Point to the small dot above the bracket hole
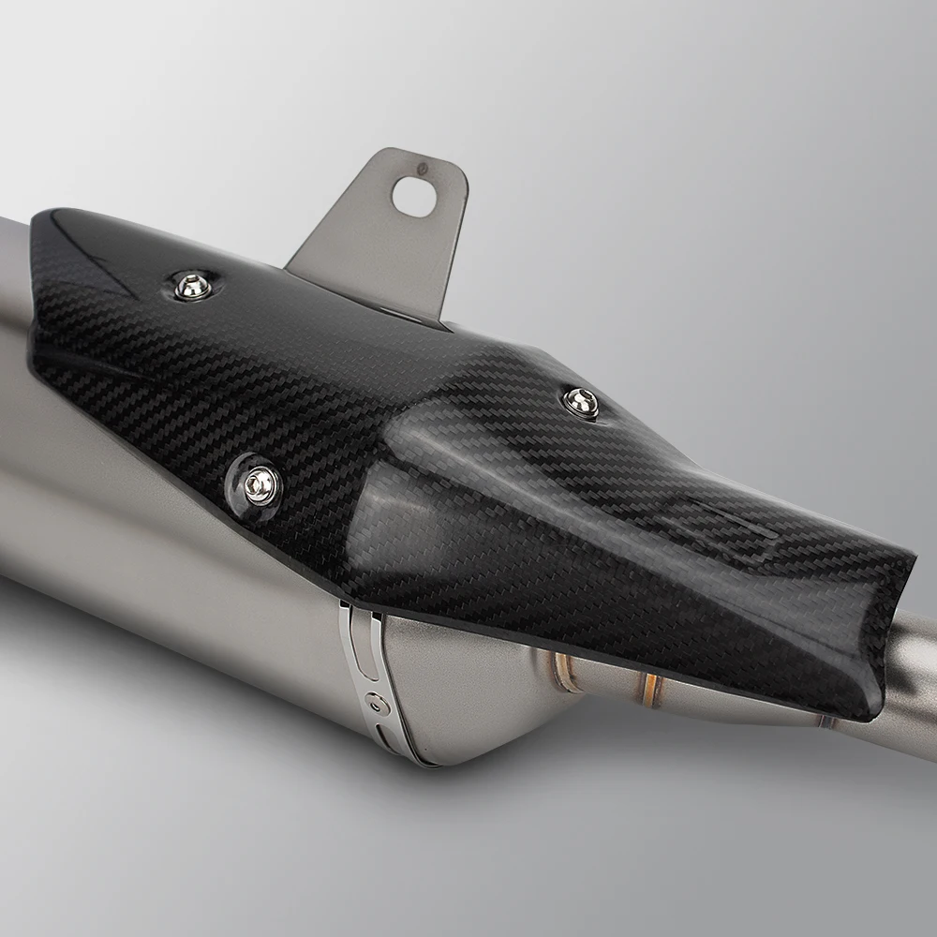(x=422, y=170)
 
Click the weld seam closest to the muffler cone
(x=562, y=667)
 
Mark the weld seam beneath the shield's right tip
(x=825, y=721)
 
